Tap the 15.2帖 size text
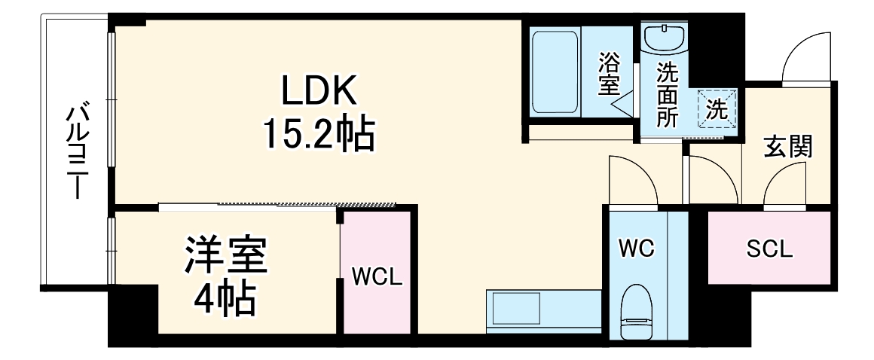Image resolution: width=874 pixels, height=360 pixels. coord(317,136)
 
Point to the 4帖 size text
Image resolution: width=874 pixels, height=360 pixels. coord(225,298)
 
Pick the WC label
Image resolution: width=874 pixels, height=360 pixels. coord(637,248)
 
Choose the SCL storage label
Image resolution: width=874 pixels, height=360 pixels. coord(769,249)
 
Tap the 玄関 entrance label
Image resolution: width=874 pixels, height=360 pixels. coord(788,146)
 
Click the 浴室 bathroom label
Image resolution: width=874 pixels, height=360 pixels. coord(609,74)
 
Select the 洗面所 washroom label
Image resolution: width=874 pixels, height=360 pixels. coord(666,96)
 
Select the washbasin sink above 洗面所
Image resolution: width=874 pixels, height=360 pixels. coord(665,38)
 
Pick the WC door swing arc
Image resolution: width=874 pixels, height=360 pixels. coord(631,180)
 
